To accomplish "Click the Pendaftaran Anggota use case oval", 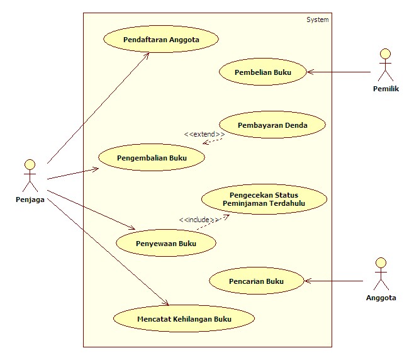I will pos(161,40).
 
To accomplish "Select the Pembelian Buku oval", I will pos(262,72).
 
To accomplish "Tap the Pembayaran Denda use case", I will pos(272,125).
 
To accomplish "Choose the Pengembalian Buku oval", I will pos(152,158).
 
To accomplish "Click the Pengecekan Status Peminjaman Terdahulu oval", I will pos(264,200).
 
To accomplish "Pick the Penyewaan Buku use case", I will pos(166,243).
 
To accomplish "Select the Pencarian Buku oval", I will pos(256,281).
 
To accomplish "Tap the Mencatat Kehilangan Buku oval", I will pos(184,319).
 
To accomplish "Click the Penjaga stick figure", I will pos(29,175).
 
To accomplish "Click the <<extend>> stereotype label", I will pos(204,135).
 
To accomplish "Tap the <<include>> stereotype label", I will pos(199,220).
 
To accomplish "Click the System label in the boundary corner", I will pos(317,20).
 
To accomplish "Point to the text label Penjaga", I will pos(30,200).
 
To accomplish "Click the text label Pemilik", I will pos(386,89).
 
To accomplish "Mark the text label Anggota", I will pos(381,298).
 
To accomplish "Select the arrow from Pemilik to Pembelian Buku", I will pos(340,72).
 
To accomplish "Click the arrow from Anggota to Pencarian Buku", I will pos(333,281).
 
